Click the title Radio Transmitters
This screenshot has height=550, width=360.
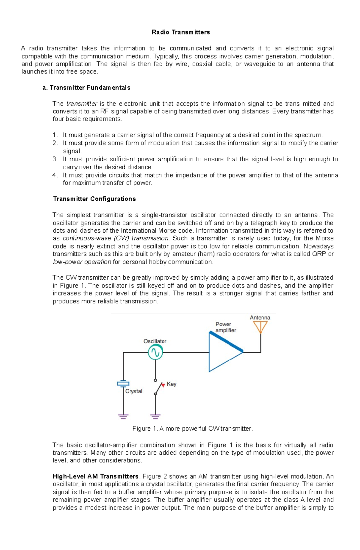click(181, 32)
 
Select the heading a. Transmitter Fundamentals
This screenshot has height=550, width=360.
click(86, 88)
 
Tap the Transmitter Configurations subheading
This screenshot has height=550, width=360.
click(94, 199)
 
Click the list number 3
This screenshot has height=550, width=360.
click(55, 159)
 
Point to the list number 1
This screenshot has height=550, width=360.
click(55, 135)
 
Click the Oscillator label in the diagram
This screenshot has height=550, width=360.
click(154, 341)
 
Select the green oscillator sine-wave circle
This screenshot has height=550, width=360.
click(155, 352)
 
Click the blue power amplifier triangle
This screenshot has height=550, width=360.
click(223, 352)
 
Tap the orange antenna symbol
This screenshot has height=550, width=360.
click(260, 327)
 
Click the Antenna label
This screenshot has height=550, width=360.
click(260, 317)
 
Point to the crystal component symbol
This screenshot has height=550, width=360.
click(123, 383)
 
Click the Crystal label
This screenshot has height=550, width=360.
click(133, 391)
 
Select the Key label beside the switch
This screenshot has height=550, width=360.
click(171, 384)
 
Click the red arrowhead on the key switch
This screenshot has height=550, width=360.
click(163, 385)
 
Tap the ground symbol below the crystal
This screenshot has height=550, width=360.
click(123, 416)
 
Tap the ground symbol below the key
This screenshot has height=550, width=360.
click(155, 416)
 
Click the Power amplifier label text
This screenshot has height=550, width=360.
click(226, 327)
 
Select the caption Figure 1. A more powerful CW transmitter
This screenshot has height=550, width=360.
click(192, 429)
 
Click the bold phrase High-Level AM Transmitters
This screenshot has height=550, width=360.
click(95, 477)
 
